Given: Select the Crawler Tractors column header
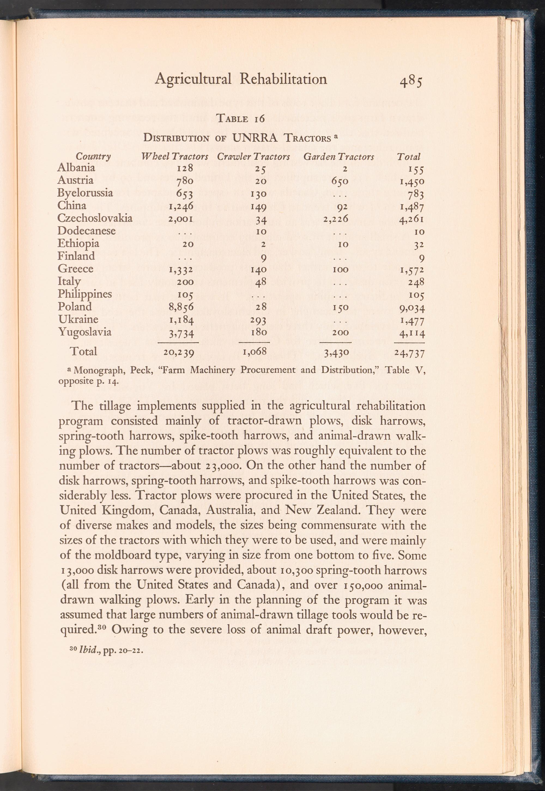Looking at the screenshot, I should (253, 157).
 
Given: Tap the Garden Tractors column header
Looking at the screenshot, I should (339, 157).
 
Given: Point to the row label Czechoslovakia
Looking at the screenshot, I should (95, 218).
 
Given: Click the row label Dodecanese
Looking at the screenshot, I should (86, 230).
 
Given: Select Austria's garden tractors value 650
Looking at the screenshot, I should (338, 181).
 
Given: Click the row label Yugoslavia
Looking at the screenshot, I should (84, 332).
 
